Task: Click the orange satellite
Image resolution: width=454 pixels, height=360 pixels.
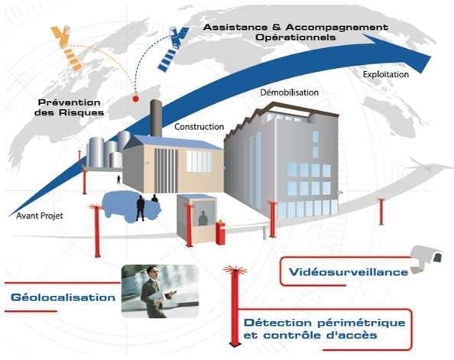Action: (x=66, y=48)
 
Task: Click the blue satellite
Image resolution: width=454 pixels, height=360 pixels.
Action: (x=173, y=49)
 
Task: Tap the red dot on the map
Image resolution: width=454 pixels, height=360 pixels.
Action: (x=135, y=99)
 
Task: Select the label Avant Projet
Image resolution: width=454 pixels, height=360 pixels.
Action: (x=40, y=216)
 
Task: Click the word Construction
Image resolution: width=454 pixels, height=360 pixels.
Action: (x=199, y=127)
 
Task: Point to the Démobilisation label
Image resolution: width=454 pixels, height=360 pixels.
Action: (x=289, y=92)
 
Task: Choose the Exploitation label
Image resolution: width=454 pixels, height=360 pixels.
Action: (x=386, y=75)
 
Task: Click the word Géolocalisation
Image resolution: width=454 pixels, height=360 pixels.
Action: (x=63, y=297)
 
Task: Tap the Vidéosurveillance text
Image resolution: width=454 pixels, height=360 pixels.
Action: (x=349, y=272)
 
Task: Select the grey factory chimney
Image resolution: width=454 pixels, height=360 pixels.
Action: (x=157, y=118)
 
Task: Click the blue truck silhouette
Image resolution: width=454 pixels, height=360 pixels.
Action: (x=131, y=206)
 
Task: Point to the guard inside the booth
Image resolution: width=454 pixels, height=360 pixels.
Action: (x=203, y=219)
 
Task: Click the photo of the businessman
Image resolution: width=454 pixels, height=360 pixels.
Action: (x=160, y=291)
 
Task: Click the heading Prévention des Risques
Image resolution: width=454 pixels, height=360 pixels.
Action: (x=70, y=108)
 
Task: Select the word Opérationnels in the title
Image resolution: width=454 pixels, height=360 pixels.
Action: (x=296, y=37)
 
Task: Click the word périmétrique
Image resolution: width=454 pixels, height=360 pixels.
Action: (x=362, y=323)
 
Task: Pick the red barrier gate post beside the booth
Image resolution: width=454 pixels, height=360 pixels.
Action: (x=220, y=233)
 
